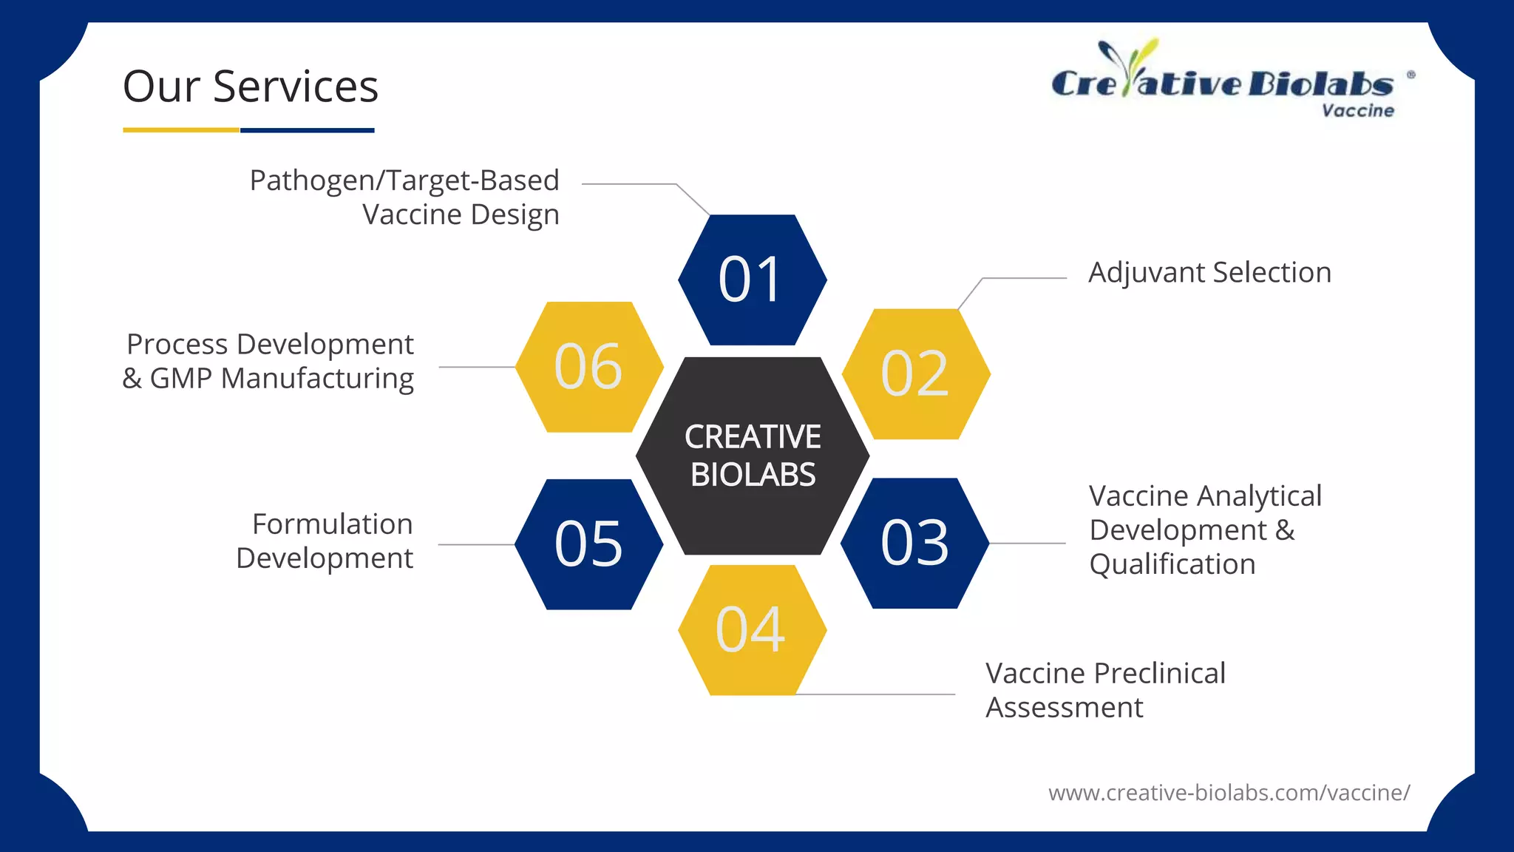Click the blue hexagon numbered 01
(x=752, y=280)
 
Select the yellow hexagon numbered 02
(x=915, y=374)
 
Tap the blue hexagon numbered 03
(x=914, y=544)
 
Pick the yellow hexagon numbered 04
(x=752, y=630)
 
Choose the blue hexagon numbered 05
(x=588, y=544)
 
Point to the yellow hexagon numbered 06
(x=588, y=367)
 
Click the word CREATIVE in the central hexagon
(x=753, y=437)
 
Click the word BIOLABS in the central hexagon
(x=753, y=475)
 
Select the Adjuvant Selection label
(x=1209, y=273)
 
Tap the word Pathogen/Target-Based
(x=404, y=180)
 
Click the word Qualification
(x=1172, y=564)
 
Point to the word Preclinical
(x=1160, y=674)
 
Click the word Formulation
(x=333, y=524)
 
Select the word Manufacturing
(x=318, y=379)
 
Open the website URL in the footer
(x=1229, y=793)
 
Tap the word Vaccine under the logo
(x=1357, y=111)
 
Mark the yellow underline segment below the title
(x=181, y=130)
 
